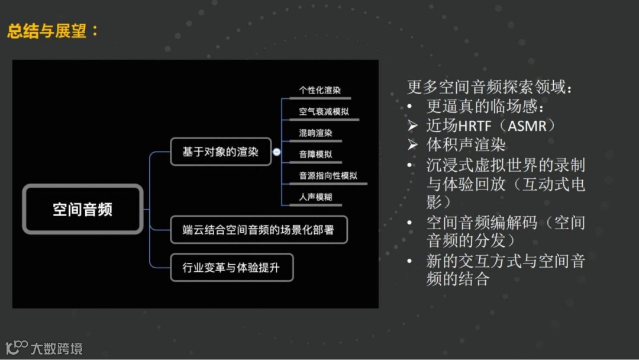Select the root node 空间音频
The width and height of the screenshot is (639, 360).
[x=83, y=209]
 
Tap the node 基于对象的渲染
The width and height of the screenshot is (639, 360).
[x=220, y=152]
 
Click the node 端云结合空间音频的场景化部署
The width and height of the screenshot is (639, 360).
[x=258, y=230]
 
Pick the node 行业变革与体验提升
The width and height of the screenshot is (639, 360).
[x=231, y=268]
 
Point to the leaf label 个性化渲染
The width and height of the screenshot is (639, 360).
[x=319, y=91]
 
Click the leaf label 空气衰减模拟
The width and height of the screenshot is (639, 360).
[x=319, y=112]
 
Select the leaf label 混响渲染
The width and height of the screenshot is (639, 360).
[x=315, y=133]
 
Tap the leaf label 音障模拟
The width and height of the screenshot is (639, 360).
[x=315, y=155]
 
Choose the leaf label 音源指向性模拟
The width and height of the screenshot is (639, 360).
[x=328, y=176]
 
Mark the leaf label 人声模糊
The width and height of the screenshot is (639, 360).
[x=315, y=197]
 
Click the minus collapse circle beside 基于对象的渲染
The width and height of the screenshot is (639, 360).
[x=276, y=152]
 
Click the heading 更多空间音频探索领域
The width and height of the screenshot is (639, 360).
[x=489, y=88]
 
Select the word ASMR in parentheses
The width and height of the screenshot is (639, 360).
[x=525, y=126]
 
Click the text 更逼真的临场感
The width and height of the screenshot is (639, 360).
[x=485, y=107]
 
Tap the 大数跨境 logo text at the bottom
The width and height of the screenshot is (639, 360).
[x=57, y=348]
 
